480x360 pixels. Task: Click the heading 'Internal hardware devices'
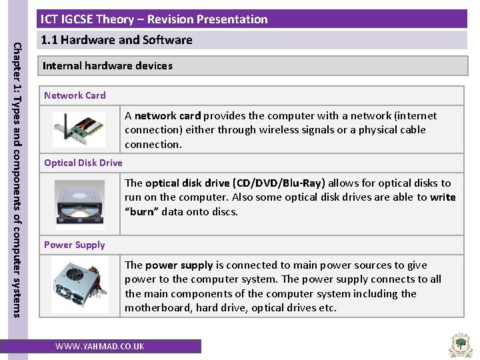107,66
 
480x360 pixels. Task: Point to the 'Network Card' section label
75,95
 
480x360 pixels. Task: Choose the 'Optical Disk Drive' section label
83,163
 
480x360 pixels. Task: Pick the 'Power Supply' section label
75,245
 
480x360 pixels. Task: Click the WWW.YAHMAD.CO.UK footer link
99,346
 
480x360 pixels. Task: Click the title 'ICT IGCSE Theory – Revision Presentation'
154,19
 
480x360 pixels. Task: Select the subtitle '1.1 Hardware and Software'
117,40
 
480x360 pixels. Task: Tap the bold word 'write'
443,197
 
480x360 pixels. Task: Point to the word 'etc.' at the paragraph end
327,308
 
